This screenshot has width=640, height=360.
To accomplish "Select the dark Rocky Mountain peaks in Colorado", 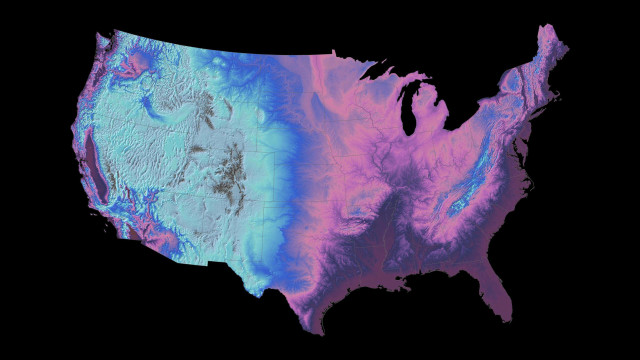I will (x=233, y=166).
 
